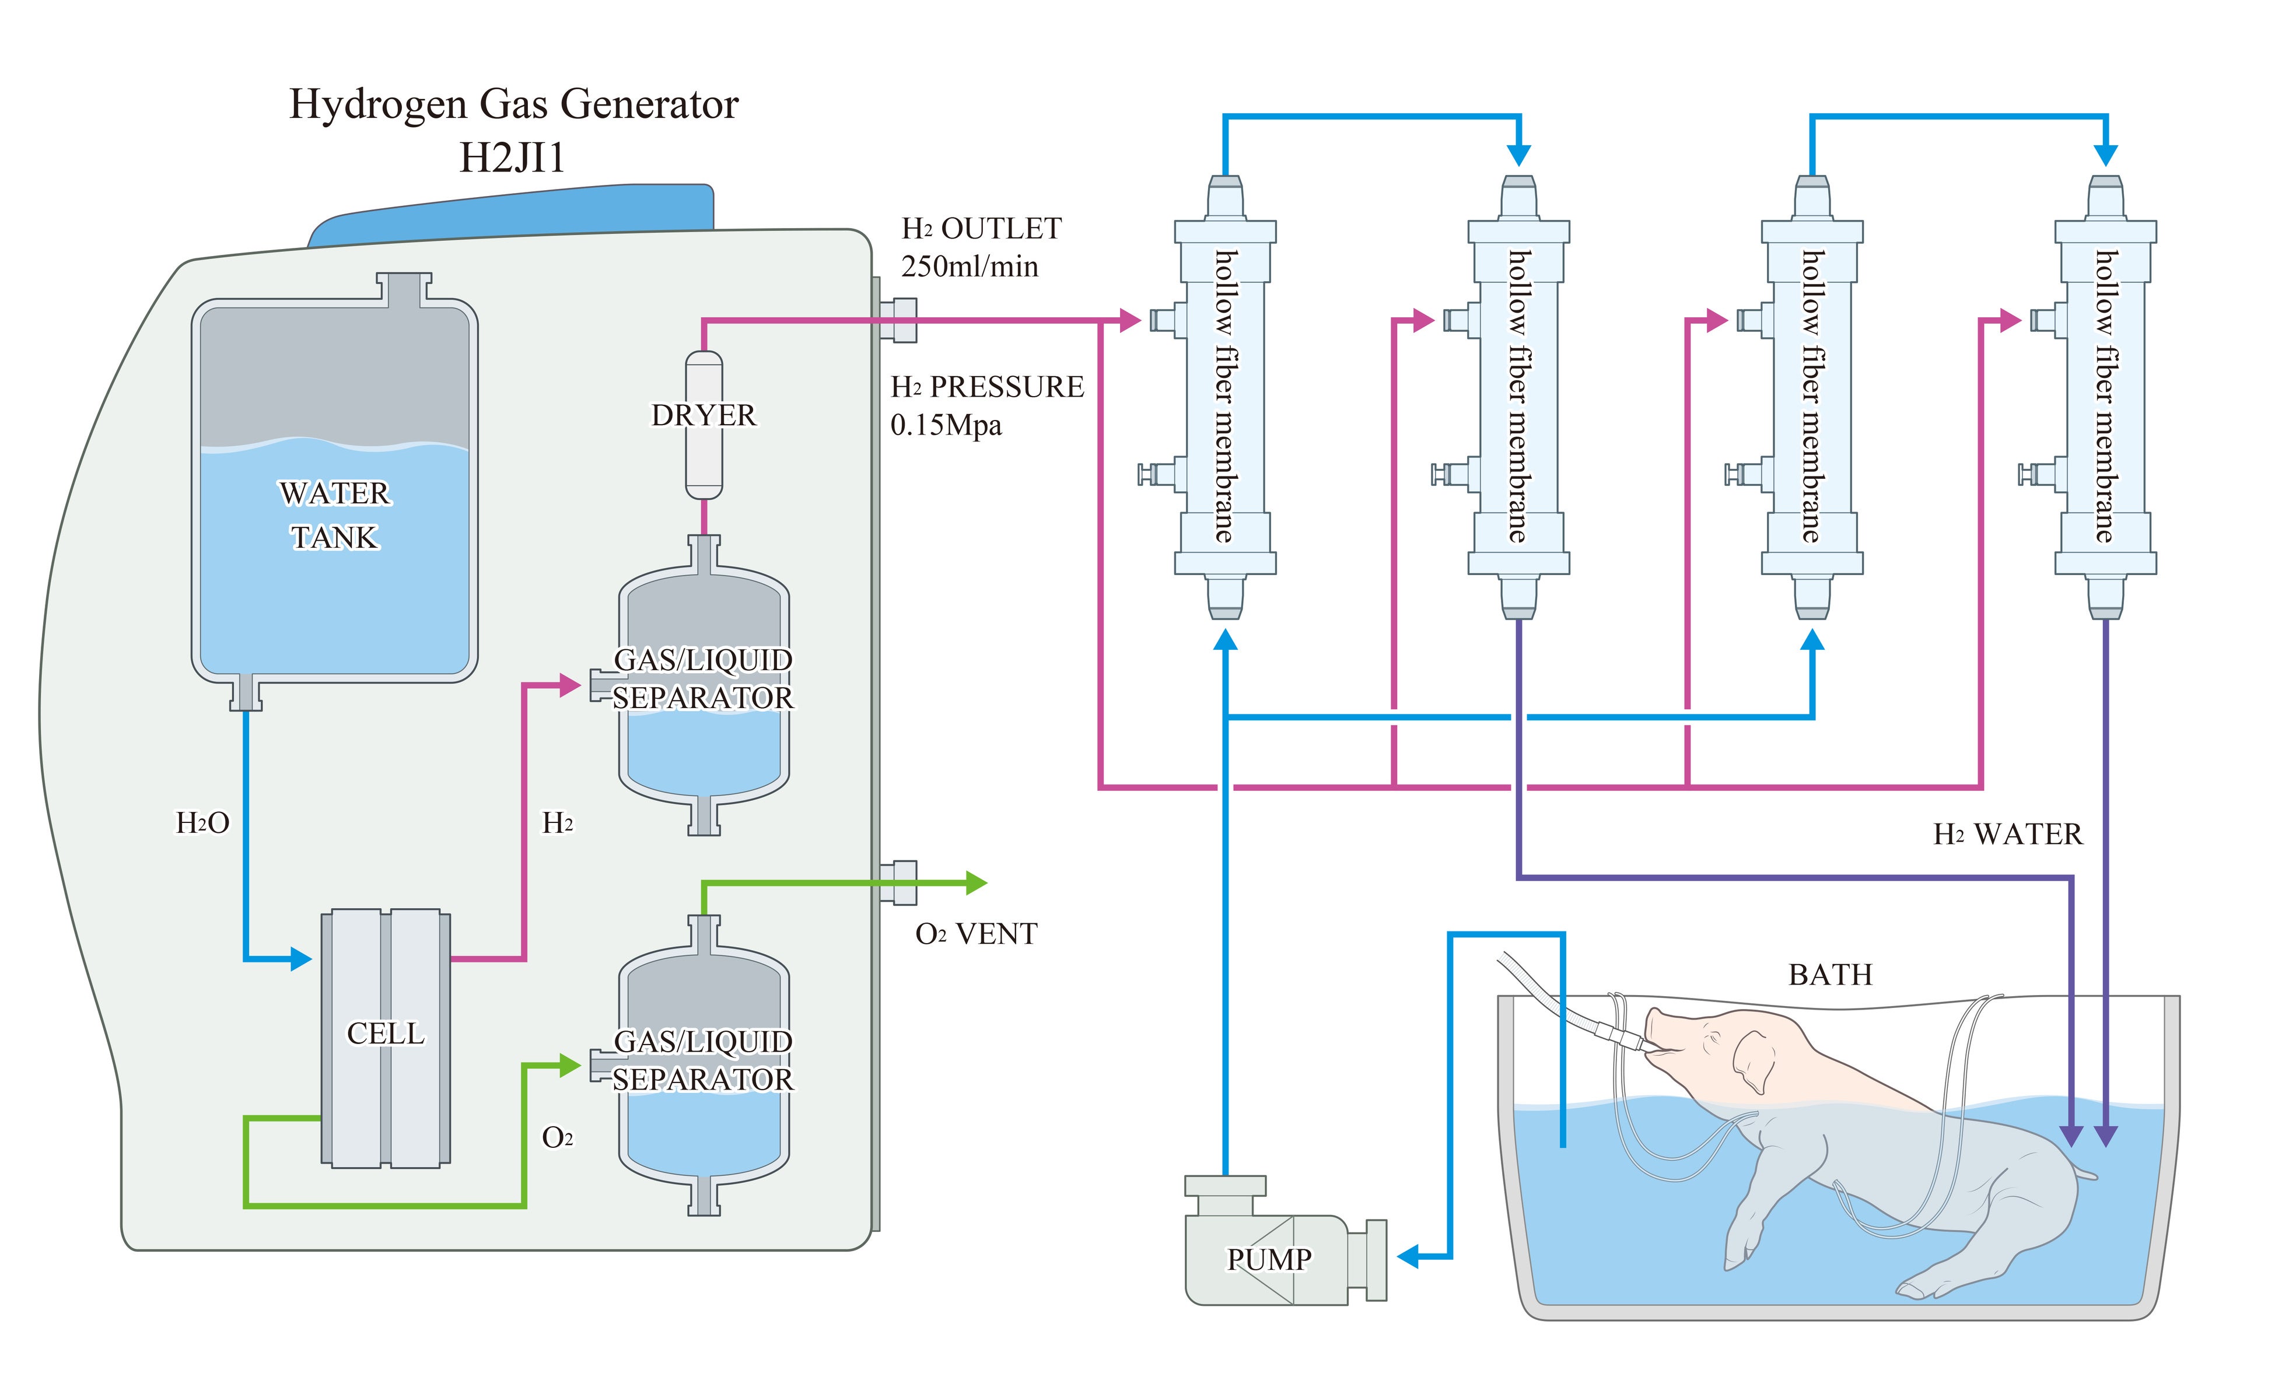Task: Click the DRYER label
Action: pyautogui.click(x=703, y=415)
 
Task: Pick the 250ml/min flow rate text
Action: pyautogui.click(x=970, y=267)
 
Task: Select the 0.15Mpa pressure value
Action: pyautogui.click(x=946, y=426)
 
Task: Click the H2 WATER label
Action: pyautogui.click(x=2008, y=835)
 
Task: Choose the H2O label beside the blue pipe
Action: pyautogui.click(x=202, y=823)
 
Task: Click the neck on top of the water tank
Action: pyautogui.click(x=404, y=288)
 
